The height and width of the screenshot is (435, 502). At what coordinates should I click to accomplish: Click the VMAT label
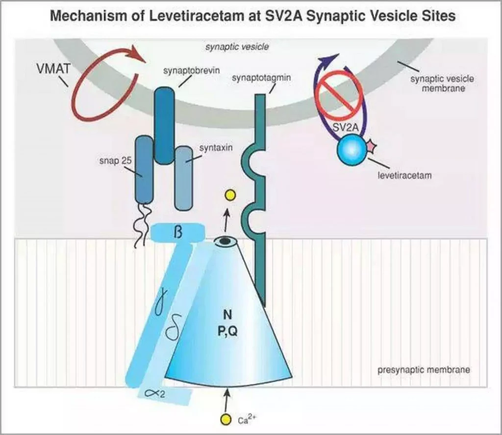[x=53, y=69]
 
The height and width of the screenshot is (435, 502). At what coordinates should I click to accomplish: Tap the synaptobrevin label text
[x=192, y=71]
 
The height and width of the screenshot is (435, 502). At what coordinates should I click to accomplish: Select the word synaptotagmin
[x=261, y=78]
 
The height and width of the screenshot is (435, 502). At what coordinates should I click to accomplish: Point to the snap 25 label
[x=116, y=161]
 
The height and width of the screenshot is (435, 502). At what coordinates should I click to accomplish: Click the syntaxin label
[x=216, y=148]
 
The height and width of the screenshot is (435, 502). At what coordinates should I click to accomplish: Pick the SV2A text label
[x=346, y=127]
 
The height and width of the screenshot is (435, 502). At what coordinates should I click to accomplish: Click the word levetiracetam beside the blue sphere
[x=404, y=176]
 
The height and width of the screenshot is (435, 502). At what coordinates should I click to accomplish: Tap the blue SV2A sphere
[x=351, y=150]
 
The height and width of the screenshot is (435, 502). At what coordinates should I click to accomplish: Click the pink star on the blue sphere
[x=371, y=146]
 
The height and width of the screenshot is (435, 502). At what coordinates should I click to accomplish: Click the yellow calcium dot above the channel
[x=230, y=195]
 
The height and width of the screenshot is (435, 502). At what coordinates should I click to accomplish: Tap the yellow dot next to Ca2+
[x=226, y=419]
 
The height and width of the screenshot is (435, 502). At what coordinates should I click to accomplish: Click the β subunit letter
[x=178, y=232]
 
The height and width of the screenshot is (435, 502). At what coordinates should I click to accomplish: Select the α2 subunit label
[x=155, y=393]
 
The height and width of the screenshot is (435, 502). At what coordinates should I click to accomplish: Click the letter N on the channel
[x=227, y=315]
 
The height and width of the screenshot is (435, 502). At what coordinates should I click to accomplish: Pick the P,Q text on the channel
[x=227, y=331]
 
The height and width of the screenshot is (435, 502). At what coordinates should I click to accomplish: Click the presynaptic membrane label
[x=424, y=370]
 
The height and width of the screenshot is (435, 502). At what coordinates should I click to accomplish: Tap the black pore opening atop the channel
[x=225, y=241]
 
